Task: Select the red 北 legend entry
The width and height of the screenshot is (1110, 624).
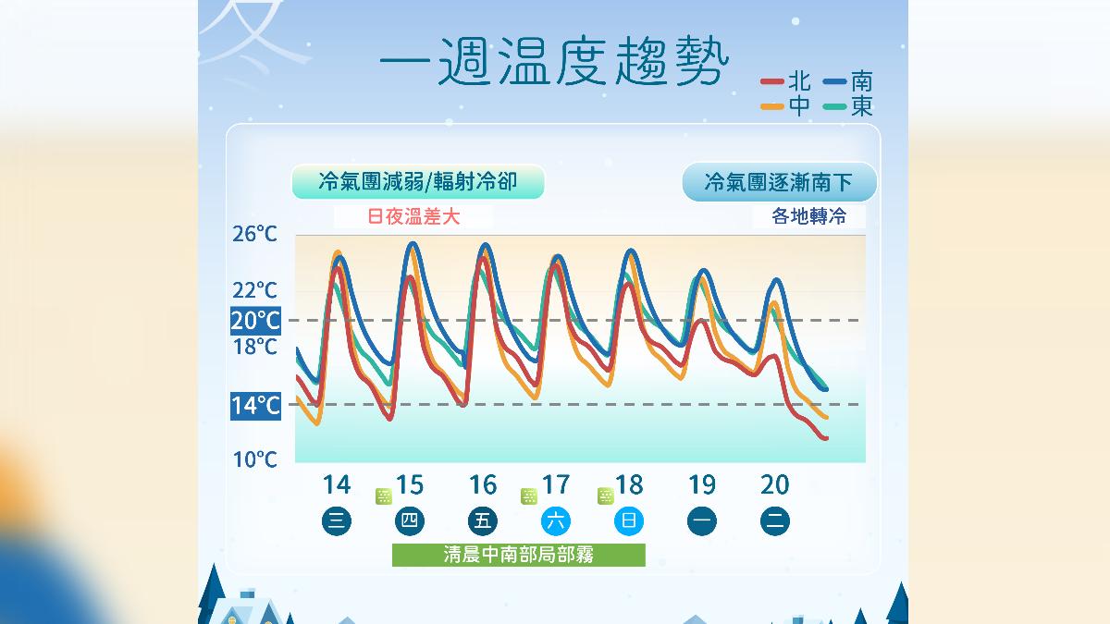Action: coord(787,82)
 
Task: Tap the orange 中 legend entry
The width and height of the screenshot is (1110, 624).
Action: coord(787,106)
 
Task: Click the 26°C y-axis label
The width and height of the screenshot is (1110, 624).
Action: coord(254,234)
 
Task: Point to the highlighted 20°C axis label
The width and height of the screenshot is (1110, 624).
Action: coord(255,321)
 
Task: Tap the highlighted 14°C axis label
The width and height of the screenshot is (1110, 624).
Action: coord(255,405)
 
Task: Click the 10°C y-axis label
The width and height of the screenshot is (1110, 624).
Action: coord(254,459)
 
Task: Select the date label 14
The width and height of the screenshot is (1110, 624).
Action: coord(337,484)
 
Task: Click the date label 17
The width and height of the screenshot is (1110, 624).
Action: coord(555,484)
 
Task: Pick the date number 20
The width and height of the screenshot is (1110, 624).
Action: coord(774,484)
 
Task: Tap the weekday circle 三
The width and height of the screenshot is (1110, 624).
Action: coord(337,520)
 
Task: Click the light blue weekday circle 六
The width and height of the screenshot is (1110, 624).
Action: coord(555,520)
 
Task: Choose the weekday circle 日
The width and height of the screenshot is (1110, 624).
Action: coord(628,520)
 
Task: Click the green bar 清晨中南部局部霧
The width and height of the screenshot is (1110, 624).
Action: coord(518,555)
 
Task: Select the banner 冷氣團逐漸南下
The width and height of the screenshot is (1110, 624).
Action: coord(779,182)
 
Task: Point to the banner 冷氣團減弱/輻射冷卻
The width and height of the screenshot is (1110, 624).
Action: coord(417,182)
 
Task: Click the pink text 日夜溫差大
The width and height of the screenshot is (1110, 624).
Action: coord(413,217)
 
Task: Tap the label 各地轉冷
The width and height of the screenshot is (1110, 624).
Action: coord(808,217)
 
